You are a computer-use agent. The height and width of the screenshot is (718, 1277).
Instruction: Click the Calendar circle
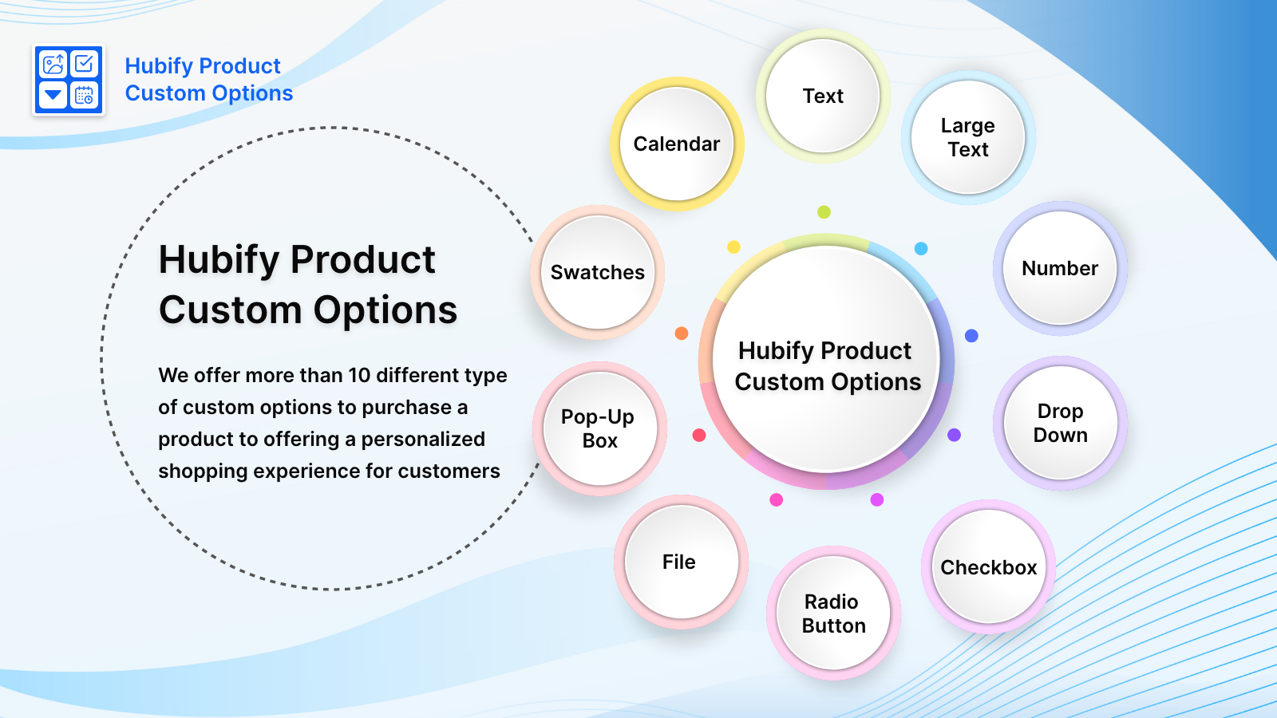(x=677, y=144)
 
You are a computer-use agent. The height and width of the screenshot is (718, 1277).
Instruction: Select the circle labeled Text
(x=823, y=97)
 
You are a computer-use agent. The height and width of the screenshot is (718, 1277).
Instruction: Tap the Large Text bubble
(x=968, y=137)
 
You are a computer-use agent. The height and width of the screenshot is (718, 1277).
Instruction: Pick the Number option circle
(x=1060, y=268)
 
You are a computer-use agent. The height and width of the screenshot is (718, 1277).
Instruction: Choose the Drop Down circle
(x=1060, y=423)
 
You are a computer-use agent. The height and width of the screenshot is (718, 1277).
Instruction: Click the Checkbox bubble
(x=989, y=567)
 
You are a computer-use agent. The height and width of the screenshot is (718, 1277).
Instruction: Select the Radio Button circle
(x=834, y=613)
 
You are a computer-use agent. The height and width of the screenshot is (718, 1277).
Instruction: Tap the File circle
(x=680, y=562)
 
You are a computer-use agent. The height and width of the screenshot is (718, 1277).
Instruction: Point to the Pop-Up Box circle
(x=599, y=428)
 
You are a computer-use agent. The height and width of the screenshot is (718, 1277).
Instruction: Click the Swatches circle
(x=598, y=272)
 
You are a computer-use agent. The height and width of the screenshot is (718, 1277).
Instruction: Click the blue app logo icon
(x=69, y=80)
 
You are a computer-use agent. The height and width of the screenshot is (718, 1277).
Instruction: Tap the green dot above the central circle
(x=824, y=212)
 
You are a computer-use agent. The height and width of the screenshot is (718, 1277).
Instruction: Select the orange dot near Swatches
(x=682, y=333)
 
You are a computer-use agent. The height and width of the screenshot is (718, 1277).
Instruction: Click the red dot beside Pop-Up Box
(x=699, y=435)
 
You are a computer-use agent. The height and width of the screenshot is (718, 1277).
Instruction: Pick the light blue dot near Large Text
(x=921, y=249)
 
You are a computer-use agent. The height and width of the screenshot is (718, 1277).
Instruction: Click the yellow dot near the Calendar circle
(x=733, y=247)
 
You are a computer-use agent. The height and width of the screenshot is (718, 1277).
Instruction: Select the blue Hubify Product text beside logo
(x=203, y=66)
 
